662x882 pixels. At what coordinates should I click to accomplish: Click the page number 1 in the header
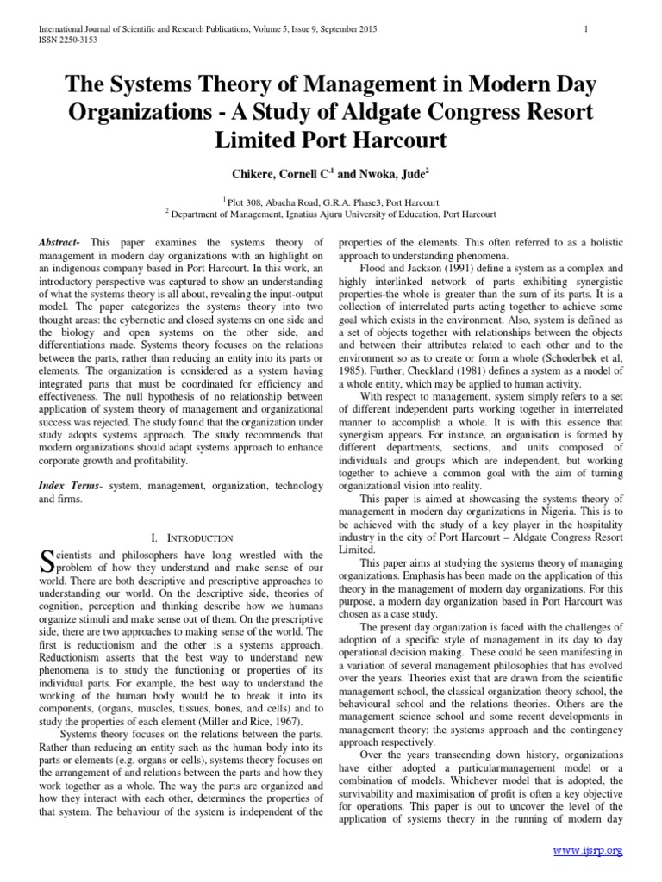pos(585,30)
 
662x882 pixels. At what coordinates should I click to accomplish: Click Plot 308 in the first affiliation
pos(247,196)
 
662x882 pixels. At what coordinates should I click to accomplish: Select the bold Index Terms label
pos(69,486)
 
